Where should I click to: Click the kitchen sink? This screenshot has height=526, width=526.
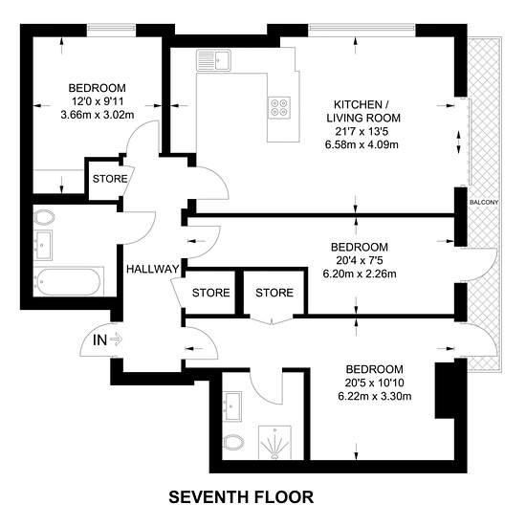213,60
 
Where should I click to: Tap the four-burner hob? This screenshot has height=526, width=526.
279,107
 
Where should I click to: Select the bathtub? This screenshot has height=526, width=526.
69,281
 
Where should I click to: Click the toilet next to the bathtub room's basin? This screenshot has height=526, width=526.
44,217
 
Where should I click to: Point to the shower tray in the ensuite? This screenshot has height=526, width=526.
274,443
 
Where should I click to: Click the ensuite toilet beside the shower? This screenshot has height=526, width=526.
233,443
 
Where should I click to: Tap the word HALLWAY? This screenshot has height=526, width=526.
153,269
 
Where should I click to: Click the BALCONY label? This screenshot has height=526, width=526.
484,203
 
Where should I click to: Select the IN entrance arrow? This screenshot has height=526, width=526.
117,340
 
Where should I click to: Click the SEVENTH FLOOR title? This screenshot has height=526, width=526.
241,496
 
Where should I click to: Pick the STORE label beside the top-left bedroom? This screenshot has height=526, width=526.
110,179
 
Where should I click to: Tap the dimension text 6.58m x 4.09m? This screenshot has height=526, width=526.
362,144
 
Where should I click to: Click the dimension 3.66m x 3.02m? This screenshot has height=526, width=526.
98,115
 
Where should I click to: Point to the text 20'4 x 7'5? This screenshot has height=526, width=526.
360,260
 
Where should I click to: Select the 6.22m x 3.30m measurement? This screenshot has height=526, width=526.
375,396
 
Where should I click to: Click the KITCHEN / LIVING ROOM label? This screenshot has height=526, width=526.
363,111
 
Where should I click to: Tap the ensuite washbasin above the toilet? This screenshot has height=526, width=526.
232,406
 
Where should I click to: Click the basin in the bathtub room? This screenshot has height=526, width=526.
43,245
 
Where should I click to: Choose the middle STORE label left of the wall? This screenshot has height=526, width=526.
211,293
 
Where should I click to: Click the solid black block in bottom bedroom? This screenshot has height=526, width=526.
445,390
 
